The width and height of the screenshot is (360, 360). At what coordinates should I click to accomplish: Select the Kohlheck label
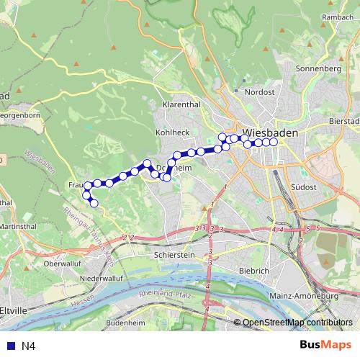172,132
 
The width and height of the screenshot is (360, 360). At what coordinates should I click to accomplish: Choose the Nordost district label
260,92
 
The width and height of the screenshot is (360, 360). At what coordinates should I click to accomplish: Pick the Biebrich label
253,271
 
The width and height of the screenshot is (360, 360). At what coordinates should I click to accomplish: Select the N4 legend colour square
10,346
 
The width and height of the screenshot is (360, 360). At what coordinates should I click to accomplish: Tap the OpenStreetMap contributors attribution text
297,323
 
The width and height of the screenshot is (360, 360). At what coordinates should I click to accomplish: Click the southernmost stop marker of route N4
94,204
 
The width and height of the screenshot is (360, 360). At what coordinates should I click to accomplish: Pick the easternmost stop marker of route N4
274,142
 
